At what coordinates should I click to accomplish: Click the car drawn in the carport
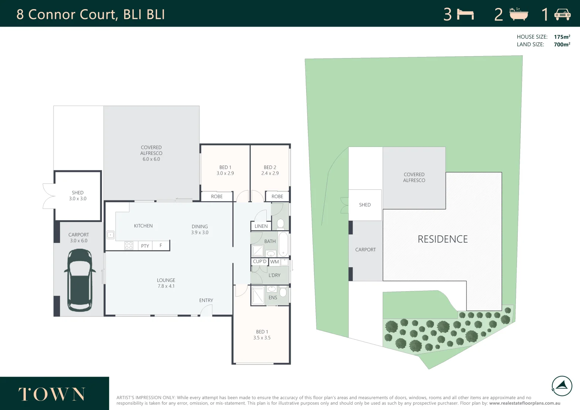pyautogui.click(x=80, y=280)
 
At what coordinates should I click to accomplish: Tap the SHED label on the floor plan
pyautogui.click(x=77, y=193)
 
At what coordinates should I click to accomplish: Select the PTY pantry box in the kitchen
pyautogui.click(x=145, y=246)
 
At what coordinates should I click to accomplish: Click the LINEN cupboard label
pyautogui.click(x=261, y=226)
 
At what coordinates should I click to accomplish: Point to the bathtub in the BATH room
pyautogui.click(x=283, y=244)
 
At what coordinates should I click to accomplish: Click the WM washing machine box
pyautogui.click(x=275, y=262)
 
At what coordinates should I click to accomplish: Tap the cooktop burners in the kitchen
pyautogui.click(x=129, y=246)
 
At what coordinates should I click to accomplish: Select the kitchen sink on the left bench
pyautogui.click(x=110, y=235)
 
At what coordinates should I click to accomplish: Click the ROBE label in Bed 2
pyautogui.click(x=277, y=197)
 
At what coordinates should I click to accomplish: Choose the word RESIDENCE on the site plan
pyautogui.click(x=443, y=239)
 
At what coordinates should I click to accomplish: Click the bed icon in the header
pyautogui.click(x=465, y=14)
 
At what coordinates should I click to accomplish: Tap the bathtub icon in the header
pyautogui.click(x=518, y=14)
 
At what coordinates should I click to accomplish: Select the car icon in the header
pyautogui.click(x=562, y=14)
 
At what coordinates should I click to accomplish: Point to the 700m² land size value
pyautogui.click(x=562, y=44)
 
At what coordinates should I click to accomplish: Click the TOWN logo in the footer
pyautogui.click(x=52, y=394)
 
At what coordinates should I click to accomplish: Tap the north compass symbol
pyautogui.click(x=561, y=386)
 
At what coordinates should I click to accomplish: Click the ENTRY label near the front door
pyautogui.click(x=206, y=300)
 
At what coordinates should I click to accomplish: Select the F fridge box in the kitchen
pyautogui.click(x=161, y=246)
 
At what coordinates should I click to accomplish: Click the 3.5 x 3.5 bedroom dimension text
pyautogui.click(x=262, y=338)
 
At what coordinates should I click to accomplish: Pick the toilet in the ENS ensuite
pyautogui.click(x=283, y=292)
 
